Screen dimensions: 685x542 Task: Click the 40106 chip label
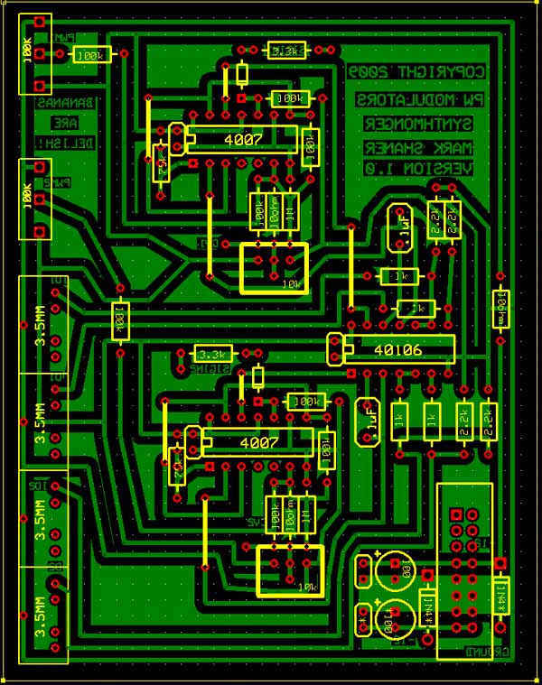click(x=397, y=349)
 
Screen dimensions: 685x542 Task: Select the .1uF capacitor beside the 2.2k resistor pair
click(x=398, y=228)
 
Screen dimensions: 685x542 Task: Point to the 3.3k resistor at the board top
click(x=286, y=51)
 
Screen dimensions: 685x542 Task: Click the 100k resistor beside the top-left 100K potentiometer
click(x=90, y=55)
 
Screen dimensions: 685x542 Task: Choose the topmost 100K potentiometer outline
click(x=35, y=53)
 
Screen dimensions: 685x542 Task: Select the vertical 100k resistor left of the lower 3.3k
click(x=119, y=320)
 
